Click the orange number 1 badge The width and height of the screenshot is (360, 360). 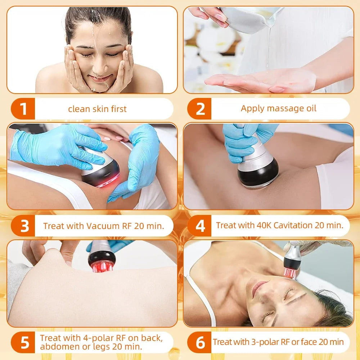[23, 109]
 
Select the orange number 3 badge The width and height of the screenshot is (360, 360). [24, 226]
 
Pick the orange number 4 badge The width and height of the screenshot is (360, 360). [200, 226]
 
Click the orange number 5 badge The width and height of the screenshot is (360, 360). [24, 342]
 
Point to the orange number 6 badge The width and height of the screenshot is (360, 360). [200, 342]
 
